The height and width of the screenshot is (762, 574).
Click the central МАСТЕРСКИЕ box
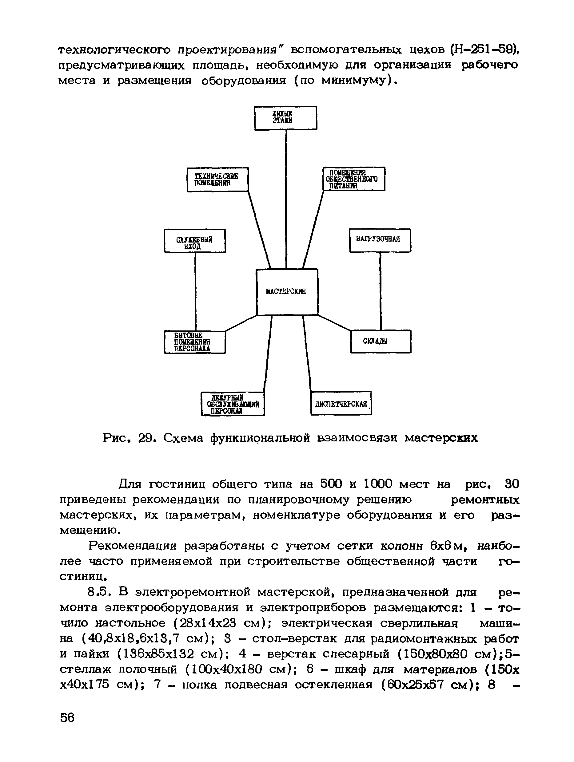coord(287,292)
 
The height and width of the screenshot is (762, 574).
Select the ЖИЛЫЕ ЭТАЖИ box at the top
coord(285,118)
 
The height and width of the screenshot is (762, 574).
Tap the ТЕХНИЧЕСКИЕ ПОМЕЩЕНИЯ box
coord(217,180)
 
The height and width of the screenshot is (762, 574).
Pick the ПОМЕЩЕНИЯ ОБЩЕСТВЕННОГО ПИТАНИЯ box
coord(354,179)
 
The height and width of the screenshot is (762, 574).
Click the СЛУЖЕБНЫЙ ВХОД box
coord(195,241)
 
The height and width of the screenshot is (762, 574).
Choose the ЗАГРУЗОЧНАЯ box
coord(380,240)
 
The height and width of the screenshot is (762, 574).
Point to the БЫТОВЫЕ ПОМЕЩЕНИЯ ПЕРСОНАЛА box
coord(195,342)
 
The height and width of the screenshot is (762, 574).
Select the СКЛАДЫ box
coord(381,342)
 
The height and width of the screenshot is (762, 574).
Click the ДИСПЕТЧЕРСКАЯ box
coord(341,403)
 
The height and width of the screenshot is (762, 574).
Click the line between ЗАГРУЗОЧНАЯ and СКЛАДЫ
coord(380,291)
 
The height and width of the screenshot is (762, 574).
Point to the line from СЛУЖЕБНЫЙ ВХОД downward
coord(195,291)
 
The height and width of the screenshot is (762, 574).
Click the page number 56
coord(67,717)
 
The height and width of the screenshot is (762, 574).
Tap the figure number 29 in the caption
coord(145,438)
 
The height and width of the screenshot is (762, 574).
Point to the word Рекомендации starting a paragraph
coord(132,546)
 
